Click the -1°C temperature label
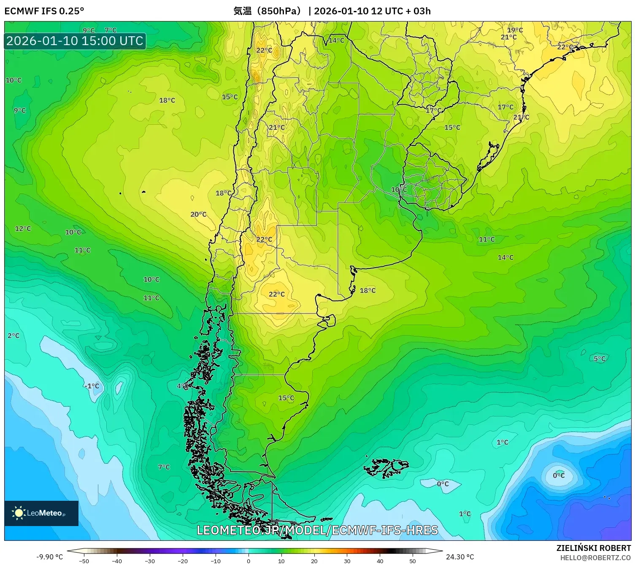[x=92, y=386]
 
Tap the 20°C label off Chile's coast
[x=198, y=215]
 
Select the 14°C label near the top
[x=336, y=40]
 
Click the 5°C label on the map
[x=599, y=359]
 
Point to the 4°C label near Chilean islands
[x=182, y=386]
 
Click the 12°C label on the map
[x=23, y=228]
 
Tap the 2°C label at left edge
[x=14, y=336]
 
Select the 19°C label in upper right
[x=515, y=30]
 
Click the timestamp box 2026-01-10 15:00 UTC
[x=75, y=41]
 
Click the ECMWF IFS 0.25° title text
[x=44, y=11]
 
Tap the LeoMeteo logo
[x=41, y=513]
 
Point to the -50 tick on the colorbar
[x=84, y=561]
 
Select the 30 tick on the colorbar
[x=347, y=561]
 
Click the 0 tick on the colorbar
[x=248, y=561]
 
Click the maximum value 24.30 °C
[x=460, y=557]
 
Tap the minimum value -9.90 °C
[x=50, y=557]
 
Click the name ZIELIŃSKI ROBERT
[x=593, y=548]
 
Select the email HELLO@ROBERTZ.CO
[x=595, y=558]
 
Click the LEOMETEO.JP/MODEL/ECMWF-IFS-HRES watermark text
[x=317, y=530]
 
